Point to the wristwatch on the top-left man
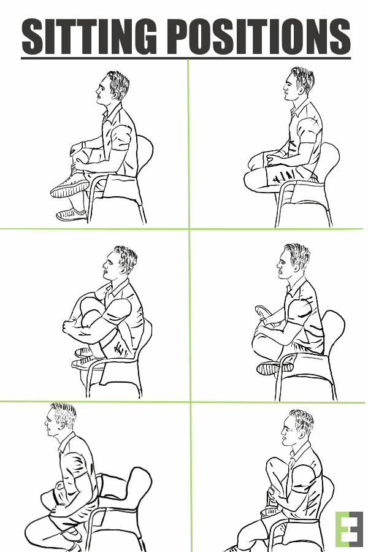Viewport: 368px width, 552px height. tap(83, 145)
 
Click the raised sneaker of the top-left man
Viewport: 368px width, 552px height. tap(70, 186)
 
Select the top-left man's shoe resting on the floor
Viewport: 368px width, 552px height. tap(71, 215)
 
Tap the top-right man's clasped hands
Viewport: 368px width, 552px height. tap(274, 159)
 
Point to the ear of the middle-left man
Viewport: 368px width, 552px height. tap(124, 269)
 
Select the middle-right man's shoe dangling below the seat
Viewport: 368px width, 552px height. tap(275, 368)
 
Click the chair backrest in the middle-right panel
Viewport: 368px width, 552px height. tap(334, 328)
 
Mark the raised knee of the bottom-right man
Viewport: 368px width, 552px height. tap(275, 464)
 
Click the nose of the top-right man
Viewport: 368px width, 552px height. tap(285, 87)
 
